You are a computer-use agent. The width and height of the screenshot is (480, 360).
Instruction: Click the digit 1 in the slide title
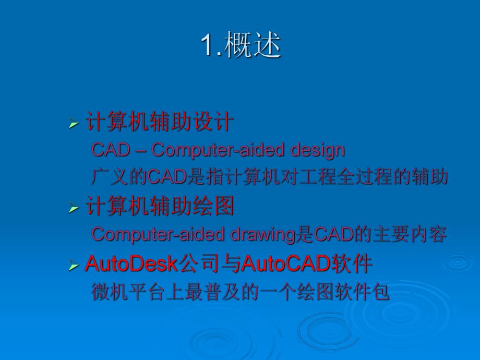tap(207, 46)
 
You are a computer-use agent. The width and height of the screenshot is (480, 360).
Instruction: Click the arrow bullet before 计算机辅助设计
tap(73, 124)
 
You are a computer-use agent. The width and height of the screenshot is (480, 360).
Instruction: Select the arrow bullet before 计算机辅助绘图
tap(73, 209)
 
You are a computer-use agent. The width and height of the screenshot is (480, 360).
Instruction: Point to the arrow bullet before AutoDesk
tap(73, 266)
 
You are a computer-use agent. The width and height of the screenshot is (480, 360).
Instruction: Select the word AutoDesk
tap(131, 264)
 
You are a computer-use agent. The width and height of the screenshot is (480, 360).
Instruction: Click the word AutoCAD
tap(285, 264)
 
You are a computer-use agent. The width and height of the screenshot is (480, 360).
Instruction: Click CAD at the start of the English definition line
tap(111, 150)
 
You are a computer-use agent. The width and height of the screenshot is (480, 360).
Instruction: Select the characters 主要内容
tap(412, 235)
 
